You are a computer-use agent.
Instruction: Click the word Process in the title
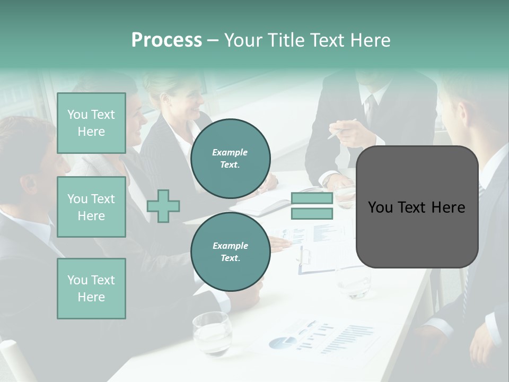[166, 40]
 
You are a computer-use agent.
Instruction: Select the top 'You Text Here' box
[91, 123]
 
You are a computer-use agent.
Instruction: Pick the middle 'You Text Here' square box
[91, 207]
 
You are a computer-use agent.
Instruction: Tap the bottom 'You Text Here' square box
[91, 288]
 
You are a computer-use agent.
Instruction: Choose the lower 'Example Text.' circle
[230, 251]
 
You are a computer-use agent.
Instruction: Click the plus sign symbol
[163, 206]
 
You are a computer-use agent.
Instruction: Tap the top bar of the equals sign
[312, 198]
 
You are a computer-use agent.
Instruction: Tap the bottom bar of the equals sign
[312, 214]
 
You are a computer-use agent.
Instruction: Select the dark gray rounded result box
[417, 207]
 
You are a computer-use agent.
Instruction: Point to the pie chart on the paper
[282, 342]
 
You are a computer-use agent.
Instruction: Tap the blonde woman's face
[188, 101]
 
